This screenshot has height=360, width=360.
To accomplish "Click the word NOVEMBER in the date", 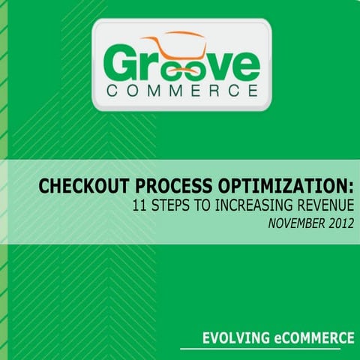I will pos(290,223).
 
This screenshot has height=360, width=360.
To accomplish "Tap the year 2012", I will pos(338,223).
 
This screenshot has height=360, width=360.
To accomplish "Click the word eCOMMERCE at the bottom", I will pos(313,338).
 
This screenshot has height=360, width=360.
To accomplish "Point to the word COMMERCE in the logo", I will pos(181,93).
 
